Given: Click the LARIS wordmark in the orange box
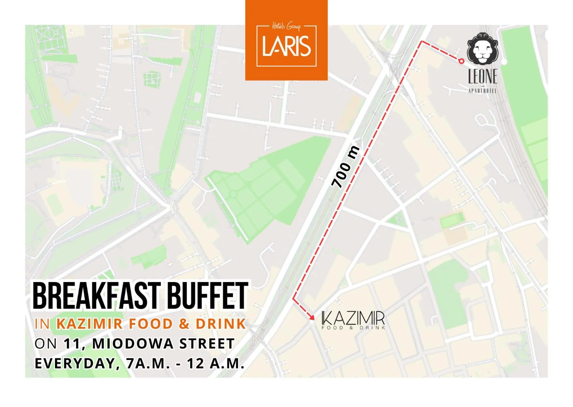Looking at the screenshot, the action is pos(286,46).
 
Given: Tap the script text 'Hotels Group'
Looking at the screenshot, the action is pos(286,26).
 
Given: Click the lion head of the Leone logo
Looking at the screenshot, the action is pos(483,49).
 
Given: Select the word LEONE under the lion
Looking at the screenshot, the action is pos(483,77).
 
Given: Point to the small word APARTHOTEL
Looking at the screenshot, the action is pos(482,91).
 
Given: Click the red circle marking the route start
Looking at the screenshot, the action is pos(461,61).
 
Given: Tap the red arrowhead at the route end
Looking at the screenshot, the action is pos(312,317).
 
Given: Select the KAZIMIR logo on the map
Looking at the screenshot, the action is pos(353,320).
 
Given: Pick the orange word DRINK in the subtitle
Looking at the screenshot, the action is pos(221,324).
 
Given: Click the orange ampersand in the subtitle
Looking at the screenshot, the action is pos(184,324).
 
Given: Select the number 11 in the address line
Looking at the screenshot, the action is pos(72,344).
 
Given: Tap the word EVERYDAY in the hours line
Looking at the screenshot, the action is pos(75,363).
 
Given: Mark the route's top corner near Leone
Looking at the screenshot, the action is pos(422,42).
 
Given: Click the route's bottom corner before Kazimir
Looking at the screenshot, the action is pos(293,299).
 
